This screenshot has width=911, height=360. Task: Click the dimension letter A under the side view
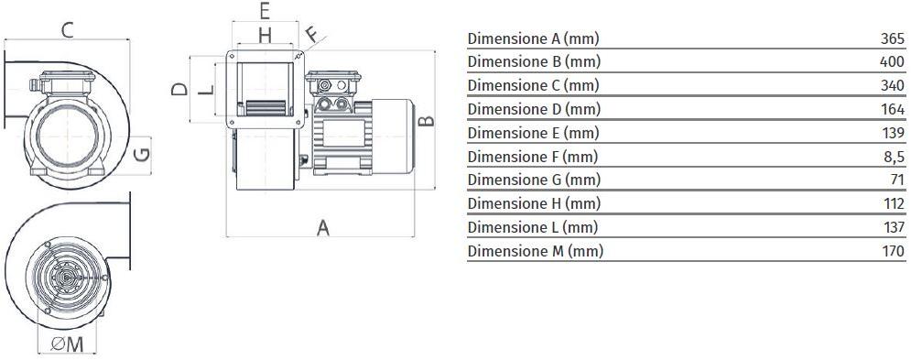(322, 228)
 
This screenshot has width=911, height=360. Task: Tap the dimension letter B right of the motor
(426, 121)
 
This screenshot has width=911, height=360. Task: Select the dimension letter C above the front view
(67, 30)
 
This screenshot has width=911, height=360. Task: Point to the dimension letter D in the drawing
(180, 89)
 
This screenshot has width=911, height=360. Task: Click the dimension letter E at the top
(264, 11)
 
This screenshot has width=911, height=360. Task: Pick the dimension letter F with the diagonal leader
(312, 36)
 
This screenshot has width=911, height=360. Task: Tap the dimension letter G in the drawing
(141, 153)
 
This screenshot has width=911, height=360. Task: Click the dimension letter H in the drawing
(264, 36)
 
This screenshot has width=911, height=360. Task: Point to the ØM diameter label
(68, 344)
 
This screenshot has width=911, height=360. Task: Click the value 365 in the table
(892, 38)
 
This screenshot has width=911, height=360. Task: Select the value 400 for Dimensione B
(892, 62)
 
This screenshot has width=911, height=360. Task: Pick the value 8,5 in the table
(894, 156)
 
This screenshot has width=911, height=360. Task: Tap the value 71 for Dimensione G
(896, 180)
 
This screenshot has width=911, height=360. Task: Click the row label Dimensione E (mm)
(533, 133)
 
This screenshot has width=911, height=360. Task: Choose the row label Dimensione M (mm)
(535, 250)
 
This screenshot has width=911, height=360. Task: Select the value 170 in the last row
(892, 250)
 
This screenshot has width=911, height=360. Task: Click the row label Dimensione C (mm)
(533, 85)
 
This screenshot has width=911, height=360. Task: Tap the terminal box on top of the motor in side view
(335, 85)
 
